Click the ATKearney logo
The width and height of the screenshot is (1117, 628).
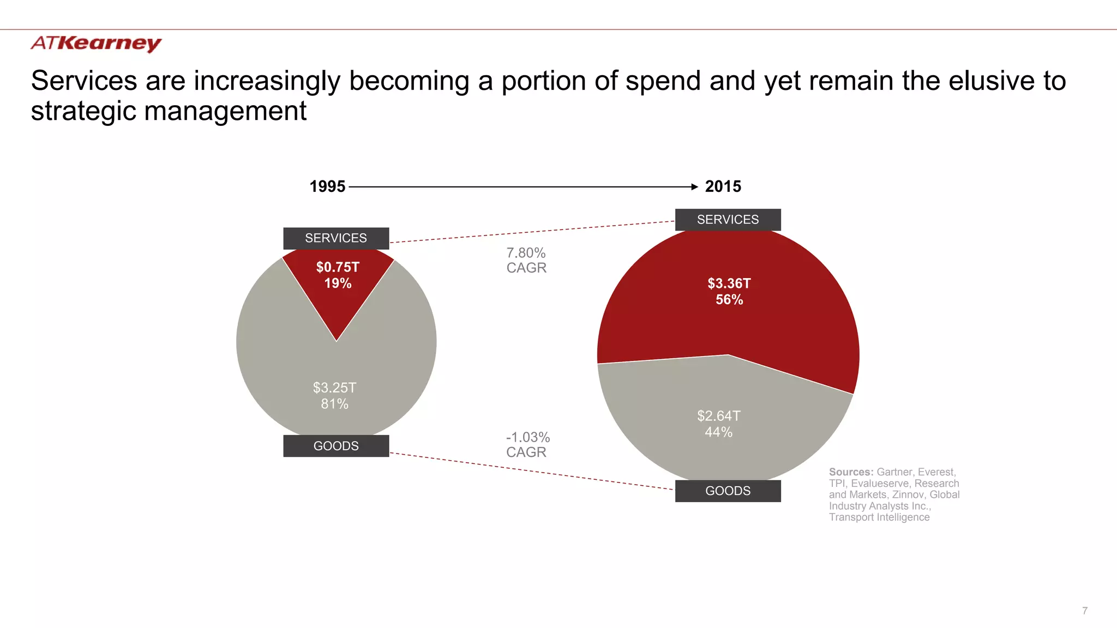[96, 43]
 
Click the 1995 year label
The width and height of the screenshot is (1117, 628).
[327, 186]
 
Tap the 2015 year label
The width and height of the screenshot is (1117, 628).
[723, 186]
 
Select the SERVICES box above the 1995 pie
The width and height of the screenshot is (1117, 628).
[336, 238]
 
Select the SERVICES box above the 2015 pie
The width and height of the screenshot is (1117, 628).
[728, 220]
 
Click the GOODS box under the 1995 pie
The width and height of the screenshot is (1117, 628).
[336, 446]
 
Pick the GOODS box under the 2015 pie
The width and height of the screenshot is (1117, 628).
[728, 491]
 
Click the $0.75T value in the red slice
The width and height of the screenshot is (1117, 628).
[338, 267]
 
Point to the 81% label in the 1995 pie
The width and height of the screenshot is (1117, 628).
[334, 404]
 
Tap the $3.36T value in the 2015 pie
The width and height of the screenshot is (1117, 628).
[729, 283]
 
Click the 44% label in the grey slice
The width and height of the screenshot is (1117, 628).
[718, 432]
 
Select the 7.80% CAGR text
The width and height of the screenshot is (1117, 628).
[526, 260]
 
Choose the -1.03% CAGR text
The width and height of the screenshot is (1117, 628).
[527, 444]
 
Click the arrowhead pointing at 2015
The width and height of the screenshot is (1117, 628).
[694, 186]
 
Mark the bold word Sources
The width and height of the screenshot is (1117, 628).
[851, 472]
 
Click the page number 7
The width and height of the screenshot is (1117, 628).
[1085, 611]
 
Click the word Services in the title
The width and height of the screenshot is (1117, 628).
[83, 81]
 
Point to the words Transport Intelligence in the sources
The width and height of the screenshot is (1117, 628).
[879, 517]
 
